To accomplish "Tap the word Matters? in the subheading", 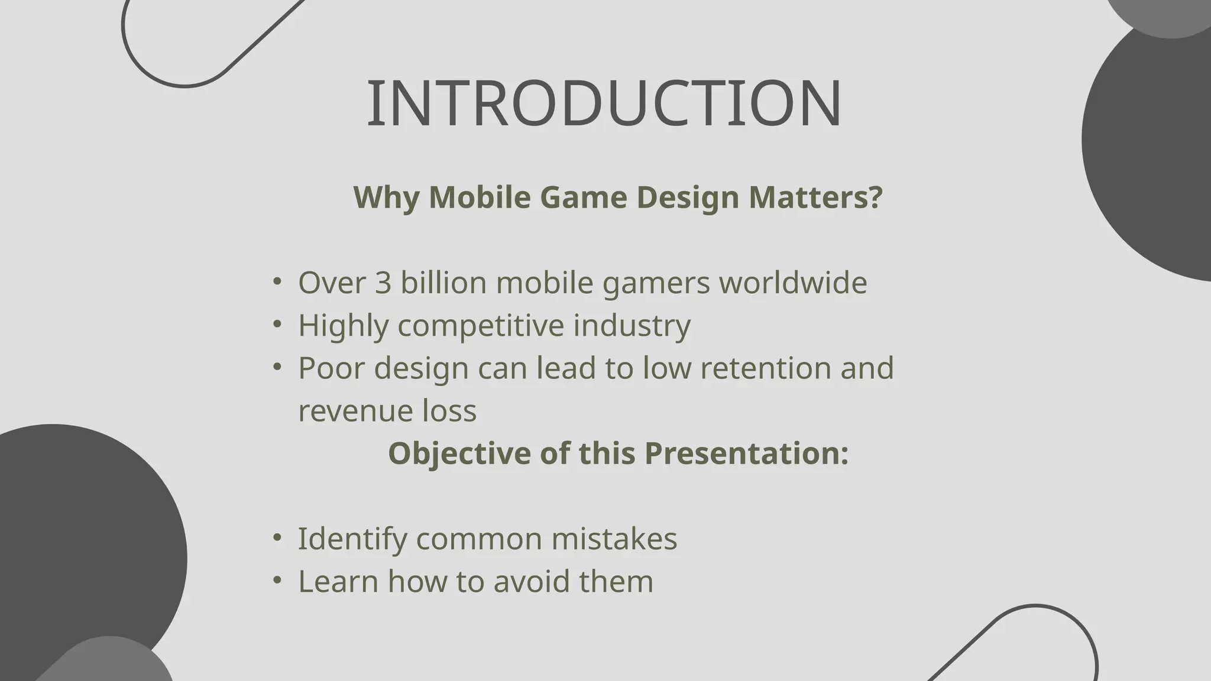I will [815, 197].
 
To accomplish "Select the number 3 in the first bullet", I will [383, 283].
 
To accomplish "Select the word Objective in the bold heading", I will [459, 453].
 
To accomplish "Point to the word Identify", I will [352, 539].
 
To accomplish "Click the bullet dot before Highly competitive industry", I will [277, 324].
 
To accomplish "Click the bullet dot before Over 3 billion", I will [277, 281].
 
